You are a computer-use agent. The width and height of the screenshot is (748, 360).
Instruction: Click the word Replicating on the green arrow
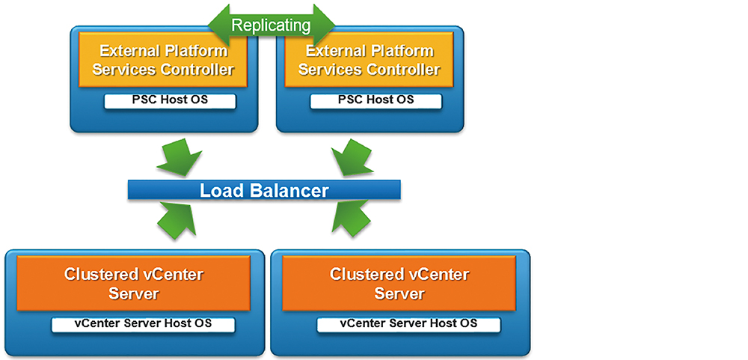click(x=271, y=25)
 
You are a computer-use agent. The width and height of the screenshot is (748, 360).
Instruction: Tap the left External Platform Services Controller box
click(x=163, y=60)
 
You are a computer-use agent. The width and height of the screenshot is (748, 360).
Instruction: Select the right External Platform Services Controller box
click(x=370, y=60)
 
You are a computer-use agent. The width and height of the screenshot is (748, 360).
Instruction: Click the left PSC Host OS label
click(x=170, y=101)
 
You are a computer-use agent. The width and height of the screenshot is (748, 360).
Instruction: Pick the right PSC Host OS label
click(x=376, y=101)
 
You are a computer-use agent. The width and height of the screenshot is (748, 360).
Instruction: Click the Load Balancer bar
click(x=264, y=190)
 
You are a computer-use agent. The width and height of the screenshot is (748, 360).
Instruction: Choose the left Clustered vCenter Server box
click(x=134, y=283)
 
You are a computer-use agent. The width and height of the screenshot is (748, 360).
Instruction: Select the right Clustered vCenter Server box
click(x=399, y=283)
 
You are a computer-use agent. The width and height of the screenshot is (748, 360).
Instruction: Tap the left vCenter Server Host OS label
click(x=143, y=324)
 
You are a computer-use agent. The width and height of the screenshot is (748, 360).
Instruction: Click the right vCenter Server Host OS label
click(x=409, y=324)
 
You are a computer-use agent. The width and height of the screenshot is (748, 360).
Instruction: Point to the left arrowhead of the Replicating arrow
click(x=219, y=25)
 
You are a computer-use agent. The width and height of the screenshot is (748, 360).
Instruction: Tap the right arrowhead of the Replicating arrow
click(x=324, y=25)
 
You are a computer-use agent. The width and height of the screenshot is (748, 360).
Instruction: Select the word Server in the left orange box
click(x=134, y=293)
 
